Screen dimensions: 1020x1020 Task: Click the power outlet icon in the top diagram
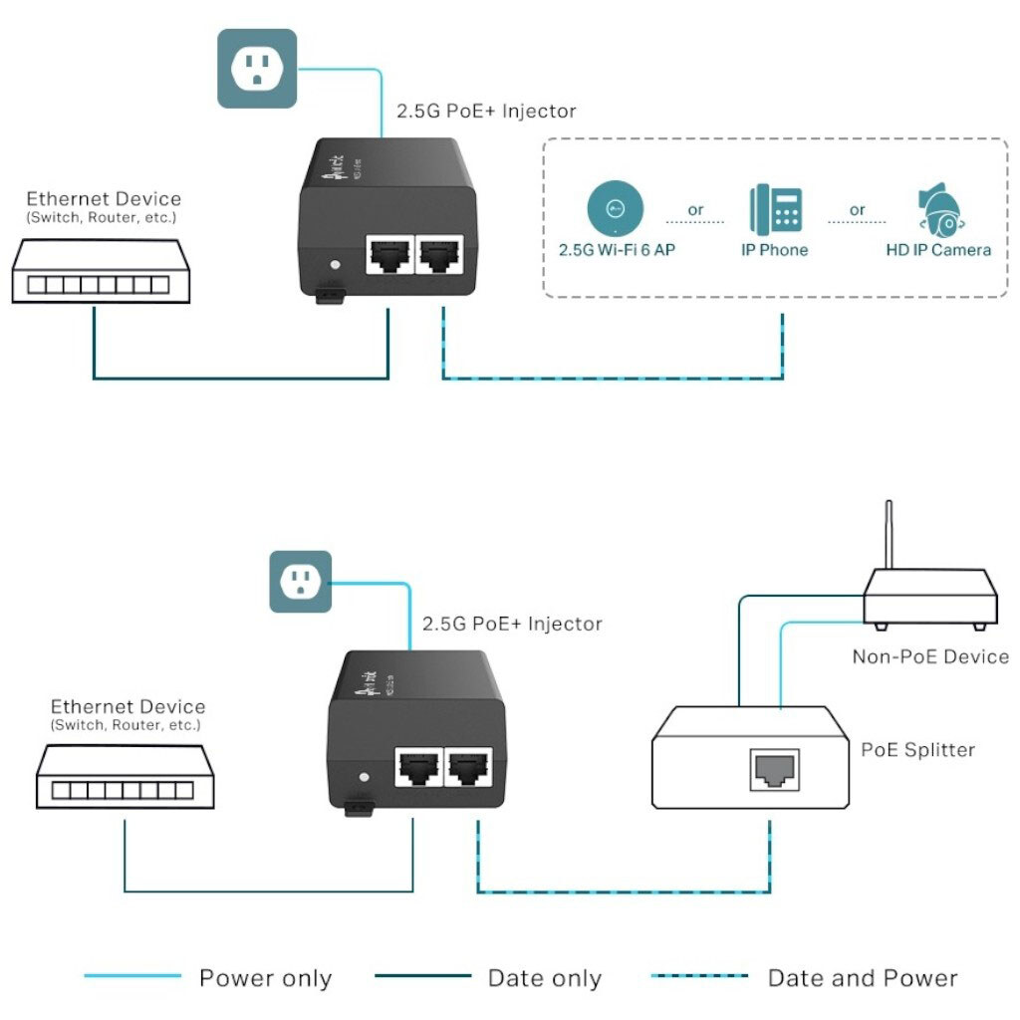click(x=257, y=68)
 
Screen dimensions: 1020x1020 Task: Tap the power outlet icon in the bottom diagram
click(x=300, y=582)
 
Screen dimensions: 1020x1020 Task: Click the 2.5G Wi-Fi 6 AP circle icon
click(x=615, y=208)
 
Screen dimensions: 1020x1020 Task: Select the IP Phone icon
click(x=774, y=209)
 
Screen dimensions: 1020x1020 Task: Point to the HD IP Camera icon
click(x=938, y=209)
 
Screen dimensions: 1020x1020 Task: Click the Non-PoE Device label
click(x=929, y=656)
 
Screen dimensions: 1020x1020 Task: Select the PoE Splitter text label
click(x=917, y=749)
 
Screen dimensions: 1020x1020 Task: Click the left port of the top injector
click(x=387, y=255)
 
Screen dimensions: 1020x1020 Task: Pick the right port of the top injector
click(x=438, y=255)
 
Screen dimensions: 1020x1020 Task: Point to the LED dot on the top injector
click(x=335, y=266)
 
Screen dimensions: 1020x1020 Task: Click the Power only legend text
click(x=265, y=978)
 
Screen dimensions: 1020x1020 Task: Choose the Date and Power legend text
click(x=863, y=978)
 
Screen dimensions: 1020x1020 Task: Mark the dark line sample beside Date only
click(x=422, y=977)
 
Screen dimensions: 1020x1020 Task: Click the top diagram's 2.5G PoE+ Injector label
click(x=486, y=111)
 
